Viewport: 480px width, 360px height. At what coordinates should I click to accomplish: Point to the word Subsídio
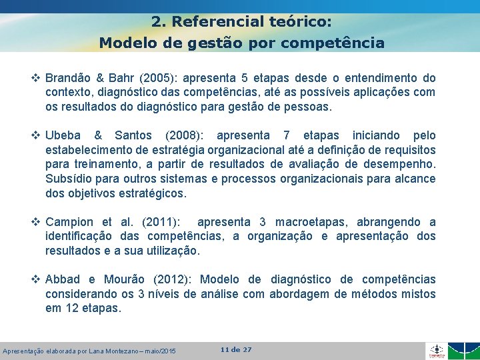point(68,179)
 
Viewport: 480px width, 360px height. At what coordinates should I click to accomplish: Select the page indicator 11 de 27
point(236,349)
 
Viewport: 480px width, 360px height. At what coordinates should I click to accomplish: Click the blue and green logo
point(463,351)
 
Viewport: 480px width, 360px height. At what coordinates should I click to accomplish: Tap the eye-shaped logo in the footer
point(436,350)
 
